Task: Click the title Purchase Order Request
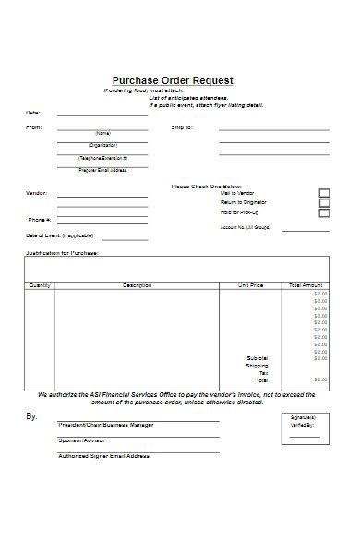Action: [x=173, y=80]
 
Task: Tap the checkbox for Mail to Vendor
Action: [x=324, y=194]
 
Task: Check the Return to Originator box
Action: [x=324, y=203]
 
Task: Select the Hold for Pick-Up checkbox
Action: [x=324, y=213]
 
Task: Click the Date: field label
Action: [x=32, y=114]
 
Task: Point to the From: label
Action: [x=33, y=127]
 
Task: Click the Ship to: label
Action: [x=181, y=127]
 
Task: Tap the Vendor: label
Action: [x=35, y=193]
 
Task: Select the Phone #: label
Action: [x=39, y=220]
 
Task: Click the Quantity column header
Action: [x=40, y=285]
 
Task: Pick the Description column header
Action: [x=137, y=285]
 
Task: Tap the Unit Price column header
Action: [x=250, y=285]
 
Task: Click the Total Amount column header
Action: [x=306, y=285]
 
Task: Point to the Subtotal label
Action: [x=257, y=357]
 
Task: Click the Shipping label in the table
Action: [x=257, y=365]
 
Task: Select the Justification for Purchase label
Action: [x=62, y=251]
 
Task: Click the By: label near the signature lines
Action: [x=31, y=416]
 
